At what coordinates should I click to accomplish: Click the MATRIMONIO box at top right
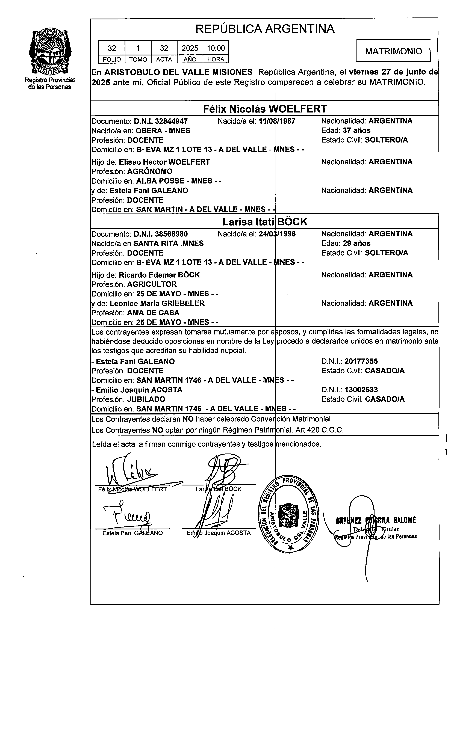point(393,51)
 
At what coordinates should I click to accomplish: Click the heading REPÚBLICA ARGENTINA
point(265,29)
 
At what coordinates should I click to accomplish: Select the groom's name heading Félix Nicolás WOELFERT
point(265,109)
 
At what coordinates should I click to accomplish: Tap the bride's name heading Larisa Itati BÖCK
point(265,222)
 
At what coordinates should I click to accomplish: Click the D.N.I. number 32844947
point(171,121)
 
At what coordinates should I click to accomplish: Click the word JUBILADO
point(146,399)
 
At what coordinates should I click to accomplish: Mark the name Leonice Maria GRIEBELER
point(157,303)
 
